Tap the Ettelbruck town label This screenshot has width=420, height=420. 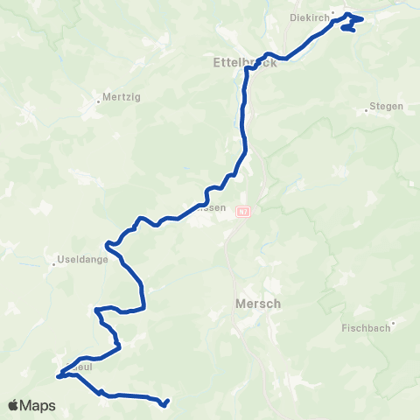[x=244, y=62]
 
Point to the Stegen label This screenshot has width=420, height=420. [x=386, y=107]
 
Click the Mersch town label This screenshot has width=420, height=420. [x=258, y=304]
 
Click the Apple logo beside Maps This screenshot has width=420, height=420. [x=14, y=405]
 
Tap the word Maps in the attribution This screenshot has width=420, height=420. [x=39, y=405]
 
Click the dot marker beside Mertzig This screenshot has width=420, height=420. [x=97, y=98]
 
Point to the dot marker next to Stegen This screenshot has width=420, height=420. [x=366, y=109]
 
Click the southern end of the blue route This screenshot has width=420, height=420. [x=165, y=404]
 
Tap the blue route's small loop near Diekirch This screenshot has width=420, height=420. [x=352, y=24]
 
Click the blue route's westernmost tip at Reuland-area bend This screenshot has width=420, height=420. [x=59, y=377]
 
